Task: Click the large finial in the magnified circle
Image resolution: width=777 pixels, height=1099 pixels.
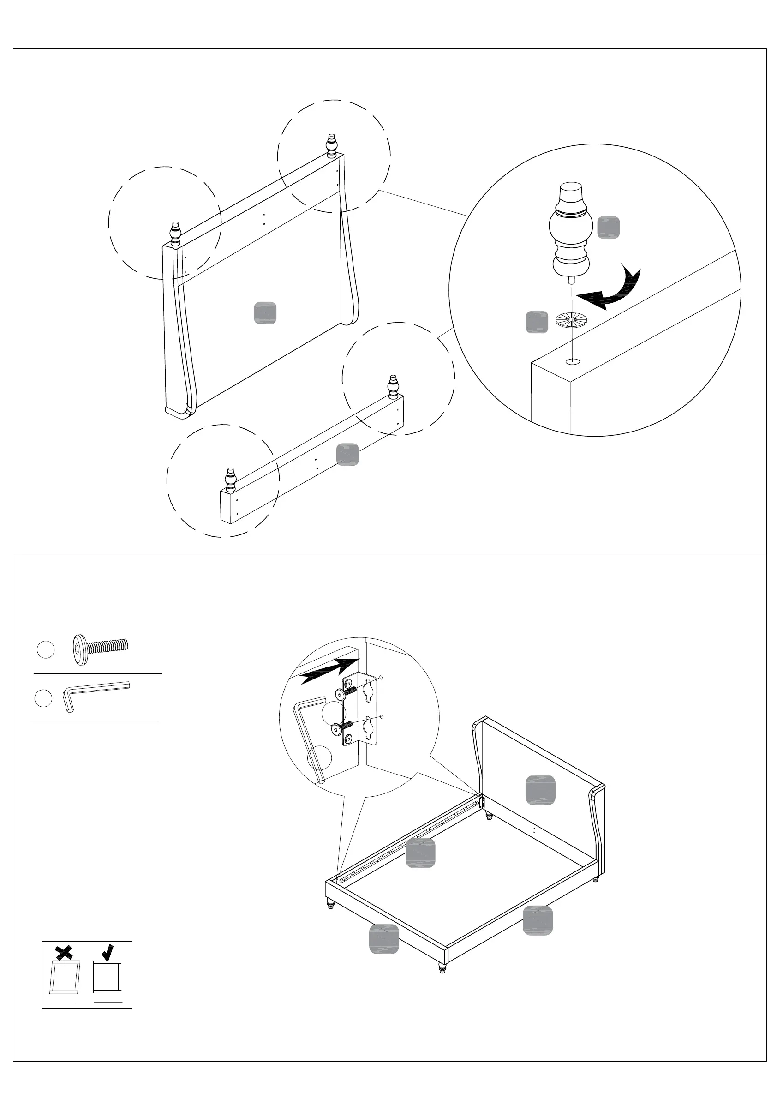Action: [570, 232]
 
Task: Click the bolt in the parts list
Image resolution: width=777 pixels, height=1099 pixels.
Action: [100, 649]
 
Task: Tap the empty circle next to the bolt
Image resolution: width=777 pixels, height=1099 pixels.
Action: [46, 649]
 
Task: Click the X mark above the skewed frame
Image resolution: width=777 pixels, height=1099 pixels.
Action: [64, 953]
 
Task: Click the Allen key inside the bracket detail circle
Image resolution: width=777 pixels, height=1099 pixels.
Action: [309, 737]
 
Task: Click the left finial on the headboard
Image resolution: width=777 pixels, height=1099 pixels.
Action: [176, 234]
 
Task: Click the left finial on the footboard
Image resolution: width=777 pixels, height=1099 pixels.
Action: [231, 480]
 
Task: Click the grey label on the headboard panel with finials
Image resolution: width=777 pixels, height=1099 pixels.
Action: [265, 313]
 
